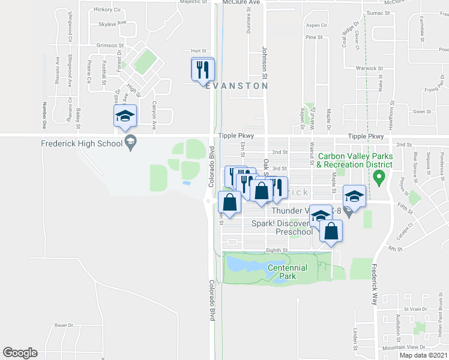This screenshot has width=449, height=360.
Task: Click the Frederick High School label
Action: click(81, 143)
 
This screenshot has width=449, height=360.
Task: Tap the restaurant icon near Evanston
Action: click(202, 70)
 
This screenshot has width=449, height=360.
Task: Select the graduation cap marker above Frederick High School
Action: click(125, 116)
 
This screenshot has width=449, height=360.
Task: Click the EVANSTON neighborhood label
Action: click(237, 86)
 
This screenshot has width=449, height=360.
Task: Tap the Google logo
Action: click(20, 353)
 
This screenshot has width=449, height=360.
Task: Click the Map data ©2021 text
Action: click(423, 355)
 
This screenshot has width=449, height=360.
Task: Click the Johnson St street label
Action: click(264, 64)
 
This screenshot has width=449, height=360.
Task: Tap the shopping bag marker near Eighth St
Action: click(331, 232)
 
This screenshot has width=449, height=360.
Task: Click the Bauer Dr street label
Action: click(63, 325)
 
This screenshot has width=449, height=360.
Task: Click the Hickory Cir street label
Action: click(107, 10)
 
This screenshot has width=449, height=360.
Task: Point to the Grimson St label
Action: click(109, 45)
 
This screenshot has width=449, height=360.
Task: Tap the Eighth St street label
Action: click(278, 250)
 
